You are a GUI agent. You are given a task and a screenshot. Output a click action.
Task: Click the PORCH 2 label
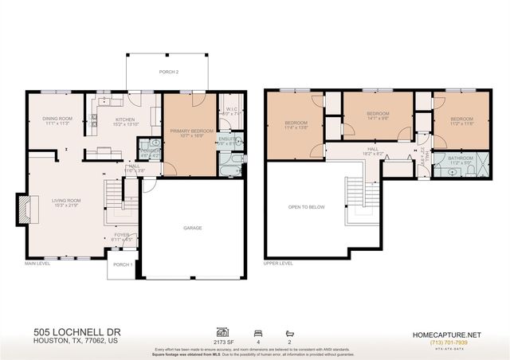click(167, 72)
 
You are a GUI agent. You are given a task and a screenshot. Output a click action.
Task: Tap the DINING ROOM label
click(58, 119)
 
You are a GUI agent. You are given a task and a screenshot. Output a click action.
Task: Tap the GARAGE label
click(192, 228)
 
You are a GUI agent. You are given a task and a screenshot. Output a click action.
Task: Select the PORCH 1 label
click(122, 264)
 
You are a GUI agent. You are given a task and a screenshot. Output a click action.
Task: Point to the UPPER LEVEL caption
click(278, 263)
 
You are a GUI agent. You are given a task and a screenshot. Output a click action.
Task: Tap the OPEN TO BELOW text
click(306, 206)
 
